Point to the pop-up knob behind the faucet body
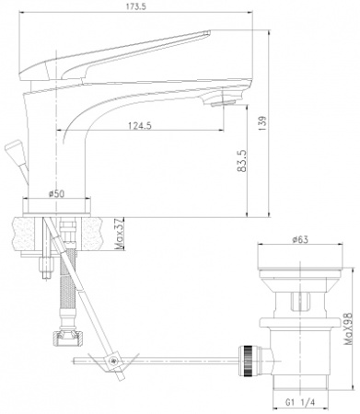(12, 148)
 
